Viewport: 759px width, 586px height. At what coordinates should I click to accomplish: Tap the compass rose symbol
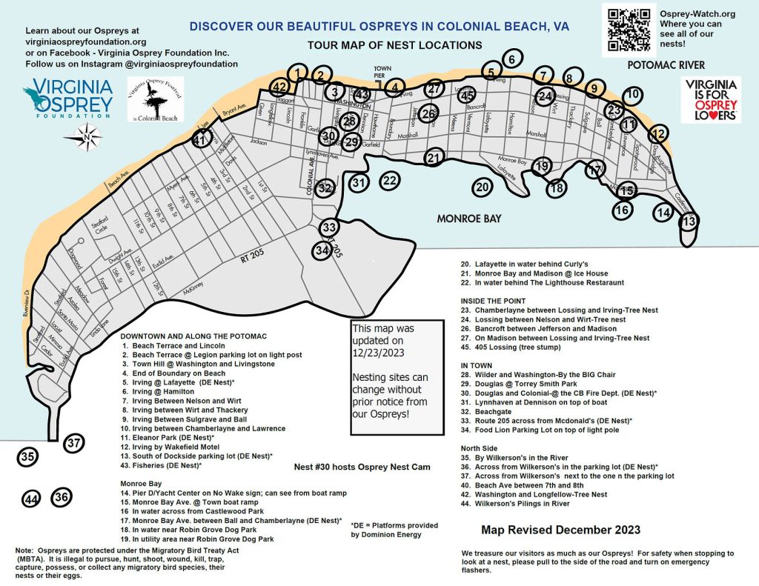point(87,136)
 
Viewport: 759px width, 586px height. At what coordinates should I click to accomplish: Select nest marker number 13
point(689,221)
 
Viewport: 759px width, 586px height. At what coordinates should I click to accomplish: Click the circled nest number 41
point(200,139)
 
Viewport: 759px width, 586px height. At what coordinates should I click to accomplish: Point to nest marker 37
point(73,444)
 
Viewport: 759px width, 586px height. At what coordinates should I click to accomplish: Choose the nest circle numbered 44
point(31,500)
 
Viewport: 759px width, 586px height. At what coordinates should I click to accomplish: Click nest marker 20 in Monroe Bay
point(483,187)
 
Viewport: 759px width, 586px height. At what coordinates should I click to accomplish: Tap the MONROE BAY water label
point(468,219)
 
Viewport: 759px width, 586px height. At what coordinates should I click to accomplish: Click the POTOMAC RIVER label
point(666,65)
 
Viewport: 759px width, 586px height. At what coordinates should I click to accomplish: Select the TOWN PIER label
point(382,70)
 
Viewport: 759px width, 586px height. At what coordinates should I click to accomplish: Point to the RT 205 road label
point(256,261)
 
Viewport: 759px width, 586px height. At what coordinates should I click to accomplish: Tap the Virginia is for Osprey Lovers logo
point(711,100)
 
